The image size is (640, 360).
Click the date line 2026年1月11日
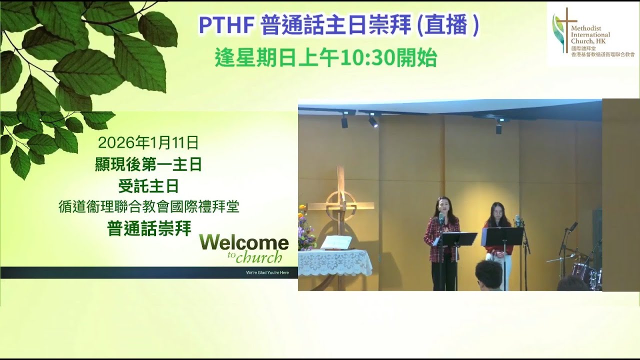(x=148, y=143)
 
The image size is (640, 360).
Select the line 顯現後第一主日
(x=148, y=164)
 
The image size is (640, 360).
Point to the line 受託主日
(x=148, y=186)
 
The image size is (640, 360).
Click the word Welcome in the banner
(x=244, y=243)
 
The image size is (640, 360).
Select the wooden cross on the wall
(x=341, y=205)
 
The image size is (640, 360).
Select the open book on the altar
(x=336, y=243)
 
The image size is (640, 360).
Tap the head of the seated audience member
(x=488, y=274)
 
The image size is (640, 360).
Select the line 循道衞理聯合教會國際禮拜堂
(x=148, y=207)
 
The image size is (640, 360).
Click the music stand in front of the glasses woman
(x=502, y=236)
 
